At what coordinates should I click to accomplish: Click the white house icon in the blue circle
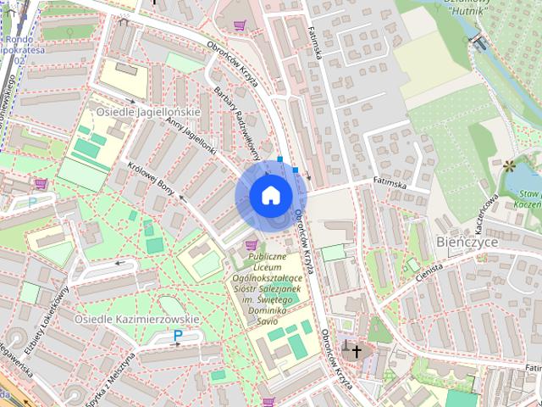tap(270, 195)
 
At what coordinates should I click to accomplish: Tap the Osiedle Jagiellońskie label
tap(147, 112)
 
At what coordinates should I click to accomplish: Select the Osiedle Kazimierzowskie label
tap(136, 319)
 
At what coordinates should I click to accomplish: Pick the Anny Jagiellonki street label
tap(192, 137)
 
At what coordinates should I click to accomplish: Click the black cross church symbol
tap(355, 350)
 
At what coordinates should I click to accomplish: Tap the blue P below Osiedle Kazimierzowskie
tap(178, 336)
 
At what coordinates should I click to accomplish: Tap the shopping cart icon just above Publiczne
tap(251, 245)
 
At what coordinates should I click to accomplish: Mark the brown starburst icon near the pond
tap(509, 164)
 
